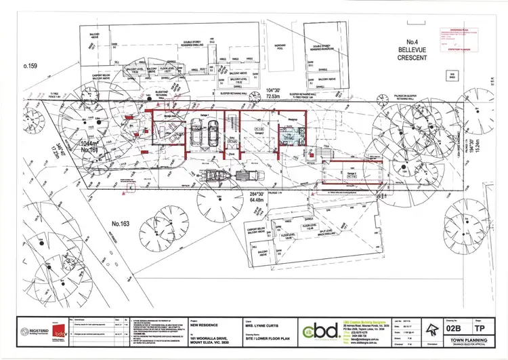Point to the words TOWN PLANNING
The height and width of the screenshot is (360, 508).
click(x=460, y=340)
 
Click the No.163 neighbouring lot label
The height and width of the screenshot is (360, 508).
click(x=121, y=222)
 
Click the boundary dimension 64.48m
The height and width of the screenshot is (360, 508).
click(x=243, y=199)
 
